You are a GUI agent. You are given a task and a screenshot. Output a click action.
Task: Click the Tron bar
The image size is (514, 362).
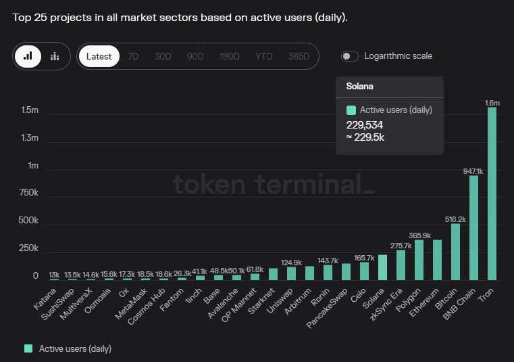click(492, 194)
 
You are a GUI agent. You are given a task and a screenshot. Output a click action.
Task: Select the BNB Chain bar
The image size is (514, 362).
click(473, 227)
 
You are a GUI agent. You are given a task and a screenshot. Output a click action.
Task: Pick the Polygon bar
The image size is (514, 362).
click(419, 260)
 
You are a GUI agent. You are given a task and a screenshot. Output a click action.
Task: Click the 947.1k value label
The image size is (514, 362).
click(473, 171)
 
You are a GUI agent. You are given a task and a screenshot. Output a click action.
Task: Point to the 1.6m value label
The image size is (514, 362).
click(492, 103)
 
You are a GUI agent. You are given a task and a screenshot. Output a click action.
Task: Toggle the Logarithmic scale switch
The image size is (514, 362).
click(350, 56)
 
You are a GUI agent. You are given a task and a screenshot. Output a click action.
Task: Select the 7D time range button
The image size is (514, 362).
click(133, 57)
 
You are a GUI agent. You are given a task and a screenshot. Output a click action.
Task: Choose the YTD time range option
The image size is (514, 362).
click(264, 57)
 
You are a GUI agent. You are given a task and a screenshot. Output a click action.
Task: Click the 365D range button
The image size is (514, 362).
click(299, 57)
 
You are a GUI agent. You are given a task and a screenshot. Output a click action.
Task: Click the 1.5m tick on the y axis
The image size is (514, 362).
click(30, 110)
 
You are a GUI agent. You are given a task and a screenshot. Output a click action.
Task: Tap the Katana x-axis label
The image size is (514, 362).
click(46, 296)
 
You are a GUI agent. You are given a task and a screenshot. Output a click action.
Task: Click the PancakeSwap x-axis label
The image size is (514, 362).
click(330, 305)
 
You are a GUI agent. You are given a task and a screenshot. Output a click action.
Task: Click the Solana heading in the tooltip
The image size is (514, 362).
click(359, 87)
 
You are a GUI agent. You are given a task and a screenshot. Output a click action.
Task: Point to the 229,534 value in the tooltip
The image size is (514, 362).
click(365, 125)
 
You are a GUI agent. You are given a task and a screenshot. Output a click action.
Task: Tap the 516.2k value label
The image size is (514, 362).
click(456, 219)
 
